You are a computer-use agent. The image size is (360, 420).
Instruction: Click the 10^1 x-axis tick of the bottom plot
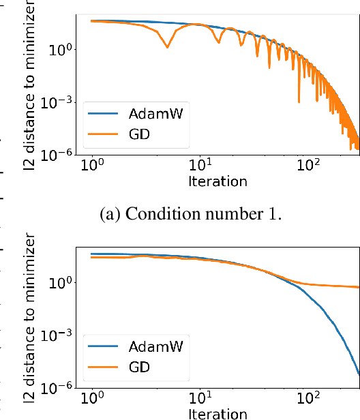[200, 400]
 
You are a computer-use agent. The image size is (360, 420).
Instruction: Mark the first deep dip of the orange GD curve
[167, 47]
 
